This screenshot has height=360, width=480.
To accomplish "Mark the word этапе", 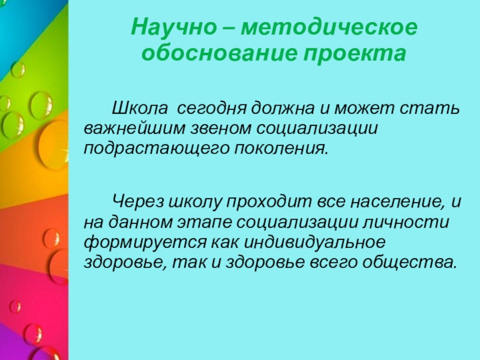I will [x=209, y=223].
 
